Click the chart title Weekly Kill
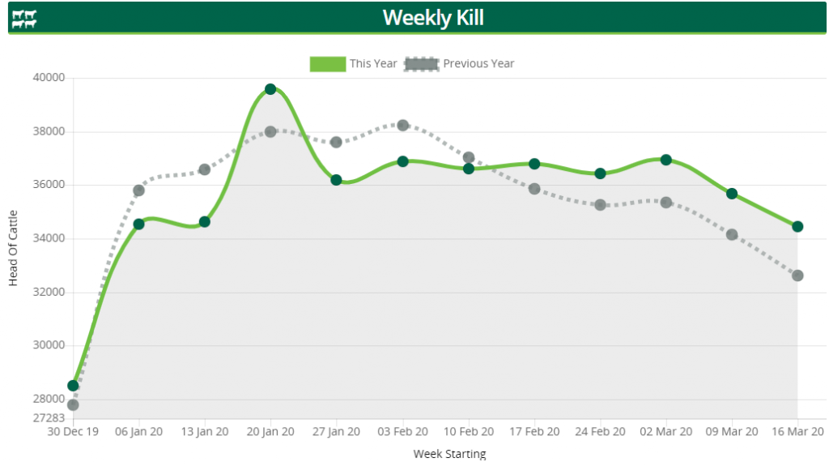pos(433,17)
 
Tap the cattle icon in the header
pos(24,19)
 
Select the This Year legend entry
pos(353,63)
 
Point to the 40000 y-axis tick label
pos(49,78)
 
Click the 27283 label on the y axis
pos(49,418)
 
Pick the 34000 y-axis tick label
pos(49,238)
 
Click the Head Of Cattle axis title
pos(13,248)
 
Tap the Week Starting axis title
pos(449,454)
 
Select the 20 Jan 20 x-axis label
pos(270,432)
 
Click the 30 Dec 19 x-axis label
pos(73,432)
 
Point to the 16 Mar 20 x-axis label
pos(797,432)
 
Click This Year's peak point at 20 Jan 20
pos(270,89)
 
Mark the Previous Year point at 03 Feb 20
pos(402,125)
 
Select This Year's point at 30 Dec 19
pos(73,386)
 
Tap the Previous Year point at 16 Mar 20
pos(797,276)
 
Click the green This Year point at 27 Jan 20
pos(336,180)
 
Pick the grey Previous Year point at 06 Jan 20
pos(138,190)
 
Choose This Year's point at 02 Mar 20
pos(665,160)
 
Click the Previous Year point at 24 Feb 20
pos(600,205)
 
